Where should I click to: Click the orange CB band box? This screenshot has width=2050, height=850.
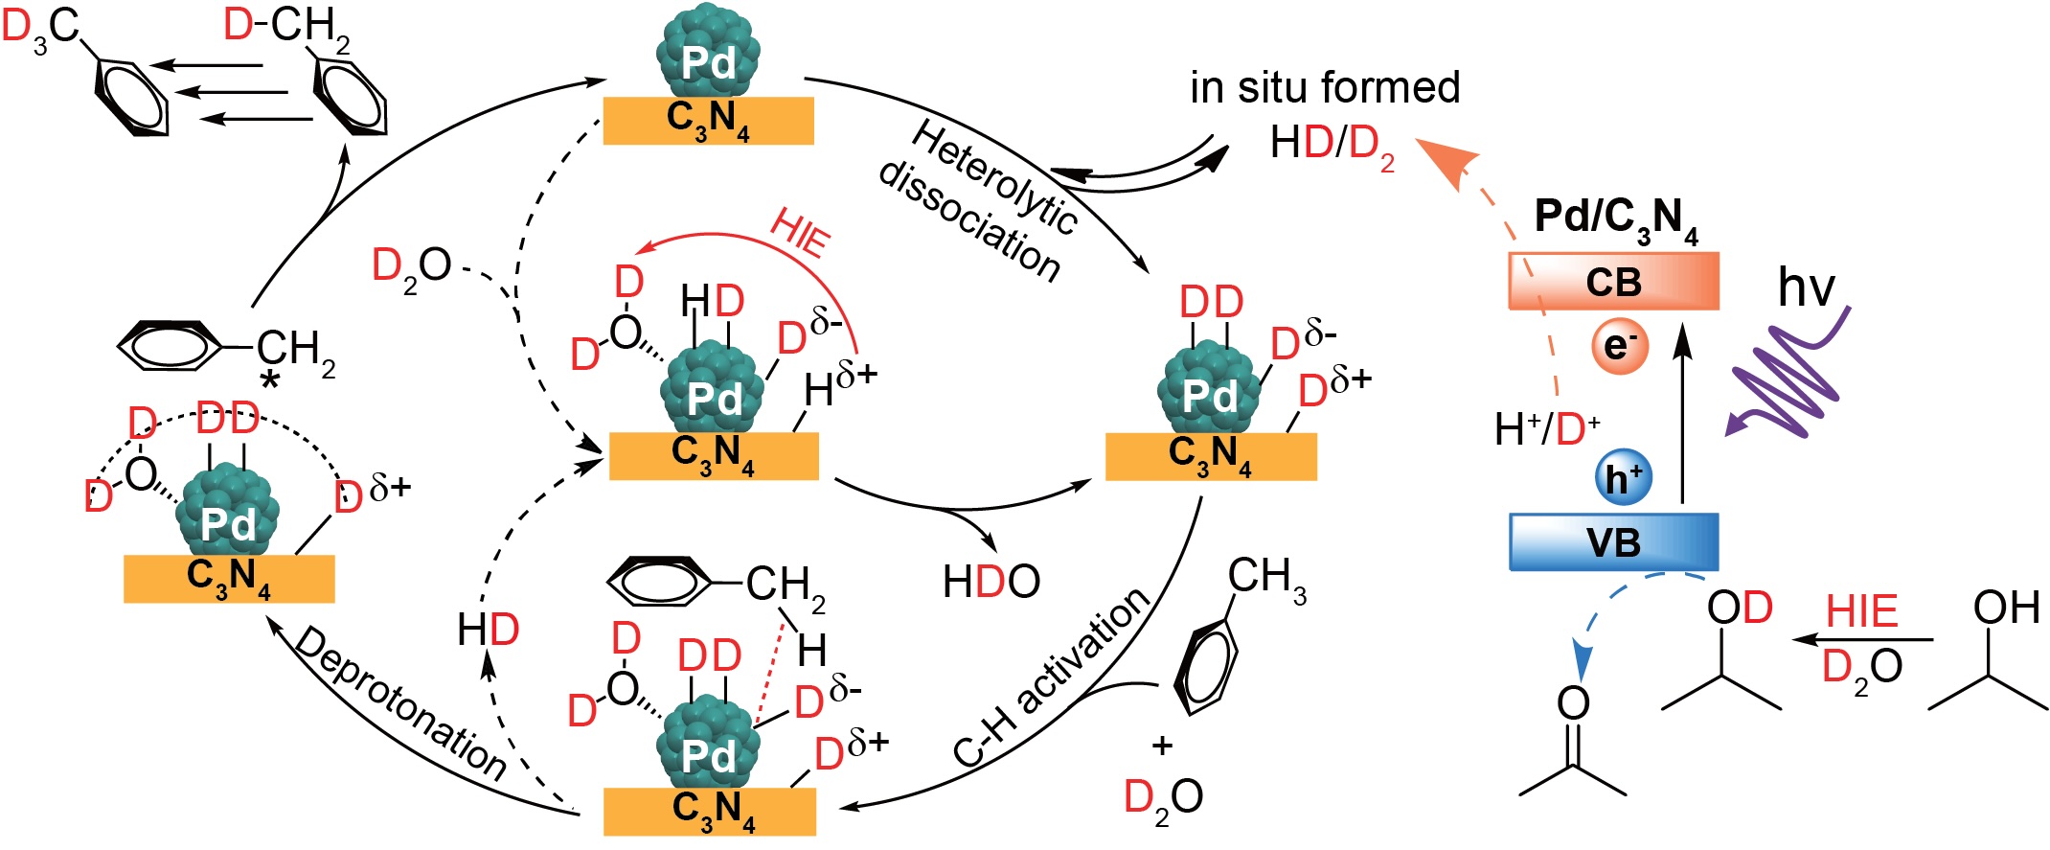point(1613,281)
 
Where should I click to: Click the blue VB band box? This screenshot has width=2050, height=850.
point(1614,542)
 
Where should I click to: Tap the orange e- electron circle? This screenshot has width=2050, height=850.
point(1620,346)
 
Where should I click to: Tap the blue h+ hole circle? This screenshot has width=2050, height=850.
point(1624,477)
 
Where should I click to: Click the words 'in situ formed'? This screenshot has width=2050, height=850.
point(1325,87)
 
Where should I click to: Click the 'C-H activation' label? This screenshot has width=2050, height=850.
point(1052,678)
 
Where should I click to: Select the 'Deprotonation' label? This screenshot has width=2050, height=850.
point(400,703)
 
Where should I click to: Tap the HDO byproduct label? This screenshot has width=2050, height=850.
point(991,582)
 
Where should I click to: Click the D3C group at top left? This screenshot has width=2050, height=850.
point(40,28)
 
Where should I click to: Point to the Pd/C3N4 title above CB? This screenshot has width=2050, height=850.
point(1617,221)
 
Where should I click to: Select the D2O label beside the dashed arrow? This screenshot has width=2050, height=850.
point(412,267)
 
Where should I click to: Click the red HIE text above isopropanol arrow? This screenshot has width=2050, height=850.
point(1861,611)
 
